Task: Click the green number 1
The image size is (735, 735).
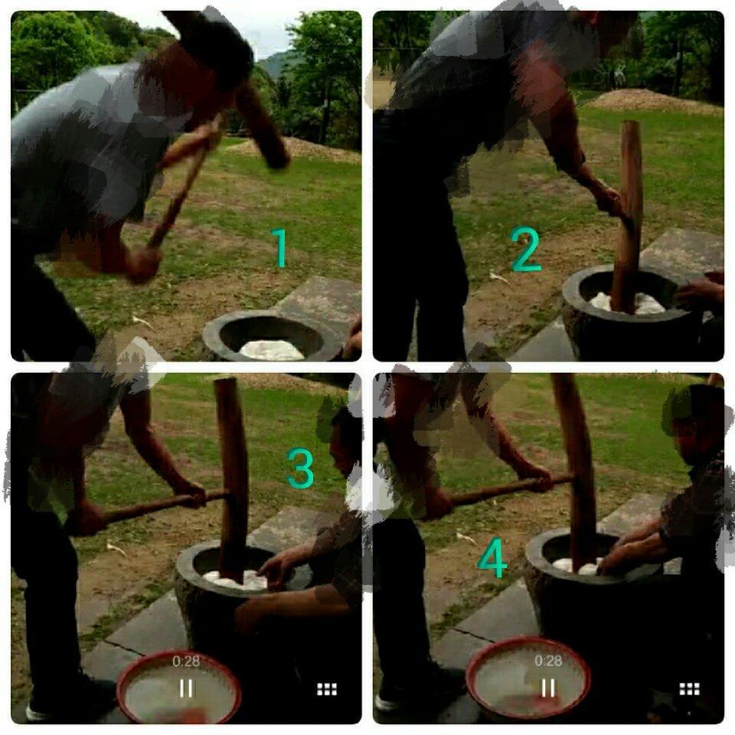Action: (x=280, y=247)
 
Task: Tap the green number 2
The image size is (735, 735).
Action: (x=526, y=250)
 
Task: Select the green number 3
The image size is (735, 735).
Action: (x=300, y=469)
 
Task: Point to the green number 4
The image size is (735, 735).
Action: (x=492, y=560)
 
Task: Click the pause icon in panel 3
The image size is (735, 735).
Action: (x=186, y=688)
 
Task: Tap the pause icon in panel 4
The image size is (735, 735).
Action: (x=548, y=688)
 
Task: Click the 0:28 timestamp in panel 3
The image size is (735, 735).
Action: (x=186, y=661)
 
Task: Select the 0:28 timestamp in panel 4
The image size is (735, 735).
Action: (x=548, y=661)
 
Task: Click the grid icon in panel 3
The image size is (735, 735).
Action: (x=327, y=689)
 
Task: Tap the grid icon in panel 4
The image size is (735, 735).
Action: (x=689, y=689)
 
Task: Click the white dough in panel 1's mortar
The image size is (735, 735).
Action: (x=271, y=350)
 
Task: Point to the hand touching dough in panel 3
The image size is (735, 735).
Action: (x=274, y=569)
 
